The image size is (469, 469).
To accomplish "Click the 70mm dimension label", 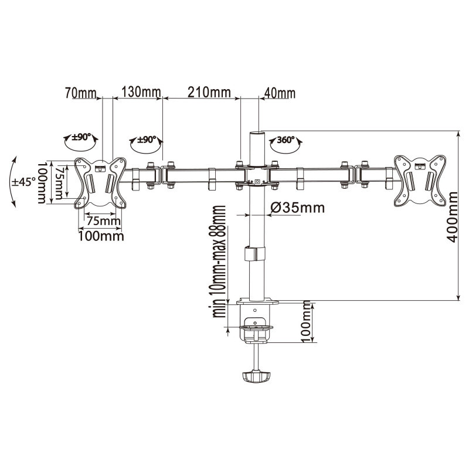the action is coord(81,93).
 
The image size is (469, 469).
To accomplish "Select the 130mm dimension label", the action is coord(141,93).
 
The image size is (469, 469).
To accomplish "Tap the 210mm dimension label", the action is coord(209,93).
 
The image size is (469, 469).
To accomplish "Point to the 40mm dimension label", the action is coord(280,93).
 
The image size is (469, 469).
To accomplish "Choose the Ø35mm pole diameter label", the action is coord(297,208).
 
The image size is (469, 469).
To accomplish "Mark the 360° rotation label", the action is coord(286,140).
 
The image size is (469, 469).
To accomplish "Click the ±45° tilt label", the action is coord(23,181).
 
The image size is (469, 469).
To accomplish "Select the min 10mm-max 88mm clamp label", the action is coord(219,261).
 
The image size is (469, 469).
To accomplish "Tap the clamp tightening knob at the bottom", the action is coord(256,377).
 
